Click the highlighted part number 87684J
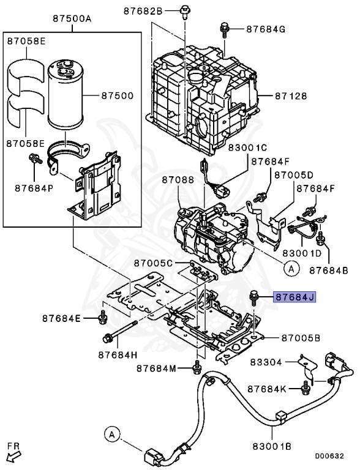pos(294,297)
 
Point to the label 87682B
pos(143,10)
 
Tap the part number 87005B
pos(301,337)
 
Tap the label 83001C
pos(231,147)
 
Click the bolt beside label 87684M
pos(197,368)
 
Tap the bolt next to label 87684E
pos(102,318)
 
